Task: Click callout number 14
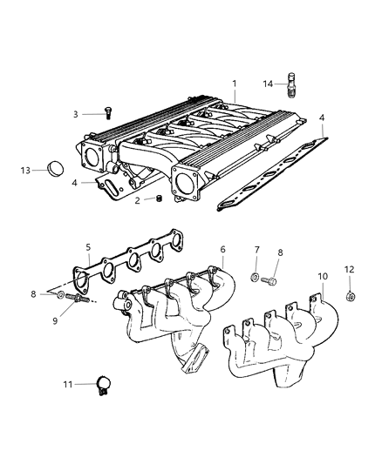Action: [x=268, y=84]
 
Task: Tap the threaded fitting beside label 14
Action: [x=291, y=84]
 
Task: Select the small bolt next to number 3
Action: [x=108, y=113]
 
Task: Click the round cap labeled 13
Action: [x=56, y=169]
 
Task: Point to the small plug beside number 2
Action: [x=160, y=198]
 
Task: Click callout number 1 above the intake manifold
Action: [x=235, y=84]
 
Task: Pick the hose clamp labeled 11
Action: [x=104, y=385]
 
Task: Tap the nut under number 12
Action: [x=351, y=296]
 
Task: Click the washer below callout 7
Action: [x=255, y=278]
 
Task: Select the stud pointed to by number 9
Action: [x=78, y=298]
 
